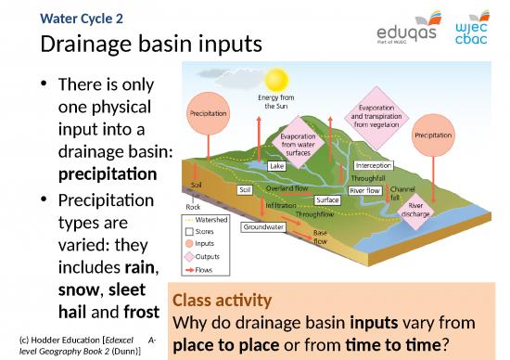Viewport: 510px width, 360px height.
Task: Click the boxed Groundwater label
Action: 262,226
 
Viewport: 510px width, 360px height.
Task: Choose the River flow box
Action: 365,190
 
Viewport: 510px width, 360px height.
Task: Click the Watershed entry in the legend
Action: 210,221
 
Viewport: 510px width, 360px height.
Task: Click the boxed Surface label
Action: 326,200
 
